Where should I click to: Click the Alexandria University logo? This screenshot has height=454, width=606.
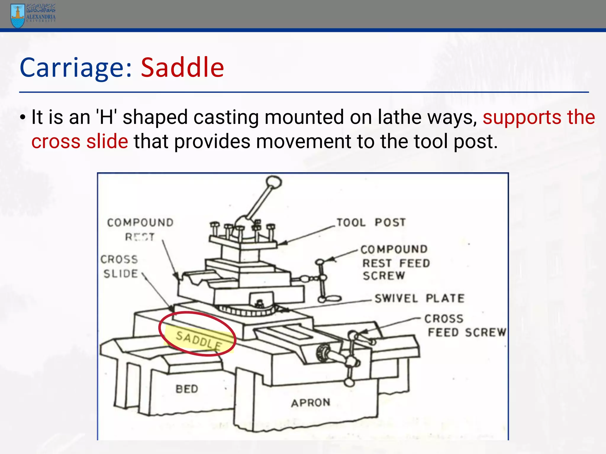coord(33,15)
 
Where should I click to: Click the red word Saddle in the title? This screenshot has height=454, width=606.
coord(182,68)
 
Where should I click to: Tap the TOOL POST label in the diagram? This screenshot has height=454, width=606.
coord(371,222)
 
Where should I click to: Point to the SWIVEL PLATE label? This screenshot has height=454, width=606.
coord(419,298)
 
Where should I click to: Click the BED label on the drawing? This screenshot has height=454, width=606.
coord(187,389)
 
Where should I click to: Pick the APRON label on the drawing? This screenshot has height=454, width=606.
coord(311,403)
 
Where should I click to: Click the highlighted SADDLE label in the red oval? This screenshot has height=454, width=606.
coord(199,340)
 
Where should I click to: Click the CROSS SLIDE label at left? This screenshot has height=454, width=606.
coord(120,266)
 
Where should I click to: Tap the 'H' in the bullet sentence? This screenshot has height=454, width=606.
coord(107,117)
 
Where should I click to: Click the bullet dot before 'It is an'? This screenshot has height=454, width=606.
coord(23,118)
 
